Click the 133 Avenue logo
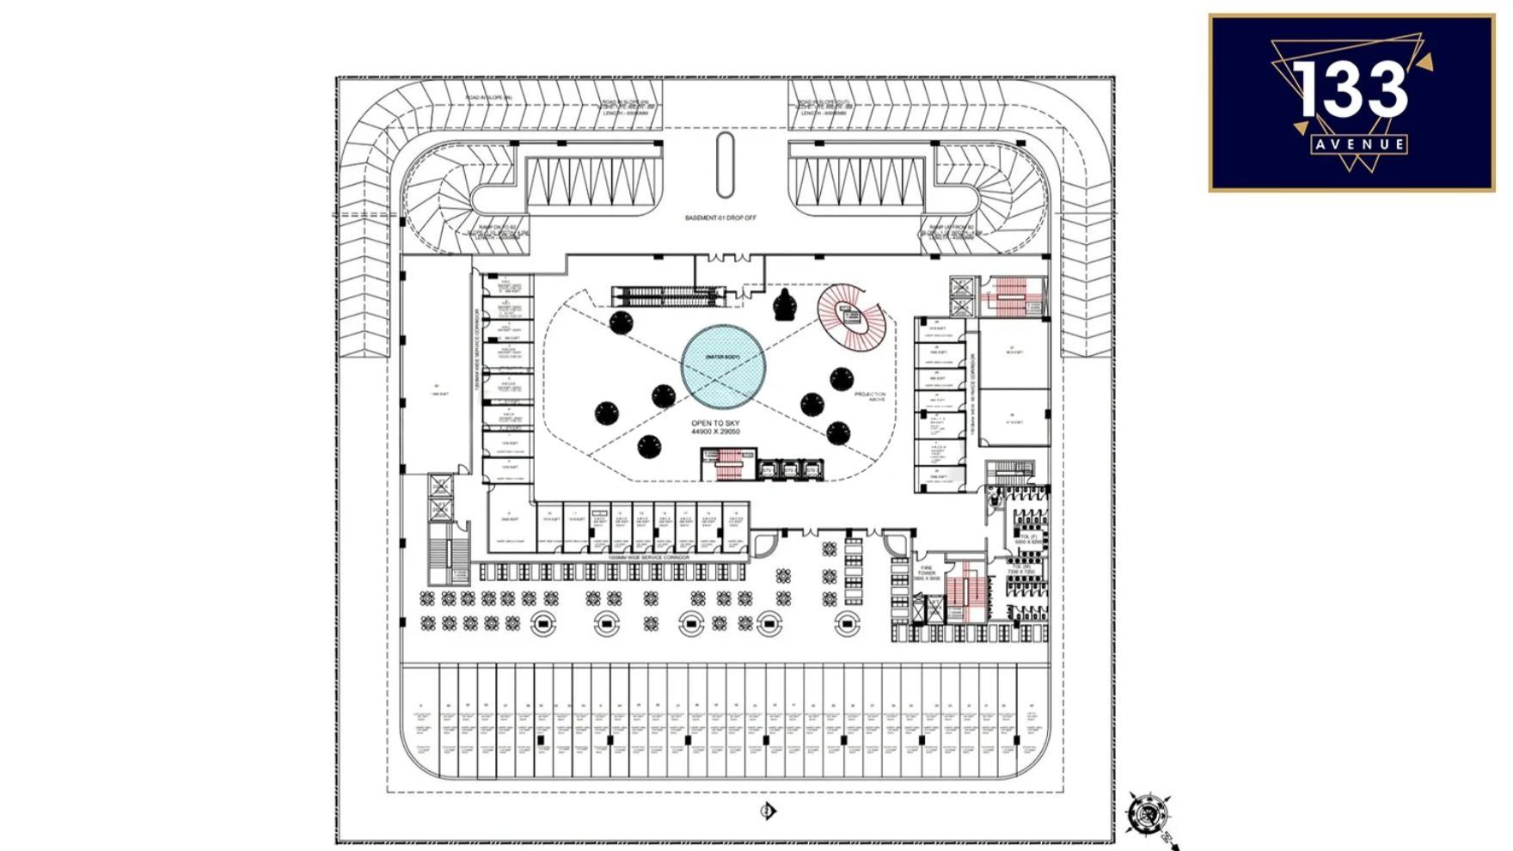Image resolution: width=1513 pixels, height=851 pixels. click(1351, 102)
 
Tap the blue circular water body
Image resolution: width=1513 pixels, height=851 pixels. click(723, 367)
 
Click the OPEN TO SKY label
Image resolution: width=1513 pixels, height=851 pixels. click(715, 424)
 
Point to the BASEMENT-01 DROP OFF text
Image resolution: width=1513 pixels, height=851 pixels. click(720, 218)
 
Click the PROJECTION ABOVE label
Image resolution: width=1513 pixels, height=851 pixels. click(870, 396)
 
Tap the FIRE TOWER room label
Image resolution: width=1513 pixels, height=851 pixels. click(927, 572)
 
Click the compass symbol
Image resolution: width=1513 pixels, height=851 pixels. click(1146, 812)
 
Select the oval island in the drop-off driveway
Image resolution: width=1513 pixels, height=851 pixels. click(726, 164)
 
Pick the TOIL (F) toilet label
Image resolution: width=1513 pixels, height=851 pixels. click(1027, 539)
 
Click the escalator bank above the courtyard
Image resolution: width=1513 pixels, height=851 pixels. click(669, 297)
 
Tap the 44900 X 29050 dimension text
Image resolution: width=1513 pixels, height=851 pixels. click(715, 432)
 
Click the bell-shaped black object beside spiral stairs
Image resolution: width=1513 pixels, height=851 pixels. click(785, 306)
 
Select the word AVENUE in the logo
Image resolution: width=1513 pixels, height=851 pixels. click(1359, 144)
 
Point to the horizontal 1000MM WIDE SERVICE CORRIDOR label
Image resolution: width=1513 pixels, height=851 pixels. click(648, 558)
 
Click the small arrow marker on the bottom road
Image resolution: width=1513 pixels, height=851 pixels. click(768, 811)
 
